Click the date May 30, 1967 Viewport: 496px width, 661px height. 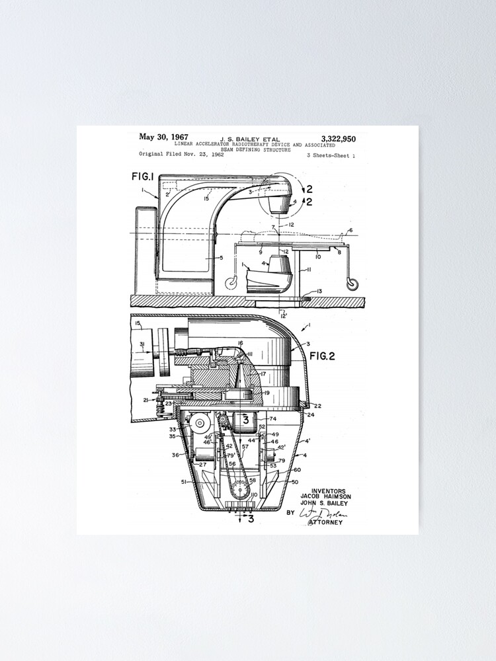(163, 137)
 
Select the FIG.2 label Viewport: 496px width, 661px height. (321, 356)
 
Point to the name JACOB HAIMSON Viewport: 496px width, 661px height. (325, 496)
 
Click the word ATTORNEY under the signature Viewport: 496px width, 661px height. (325, 523)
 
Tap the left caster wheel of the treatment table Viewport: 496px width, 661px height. (232, 284)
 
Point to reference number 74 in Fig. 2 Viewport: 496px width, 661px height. (272, 419)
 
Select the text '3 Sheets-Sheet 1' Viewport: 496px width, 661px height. (331, 155)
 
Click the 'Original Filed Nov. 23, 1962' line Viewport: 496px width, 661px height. (181, 155)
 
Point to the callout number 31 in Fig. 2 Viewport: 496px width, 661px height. (142, 344)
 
